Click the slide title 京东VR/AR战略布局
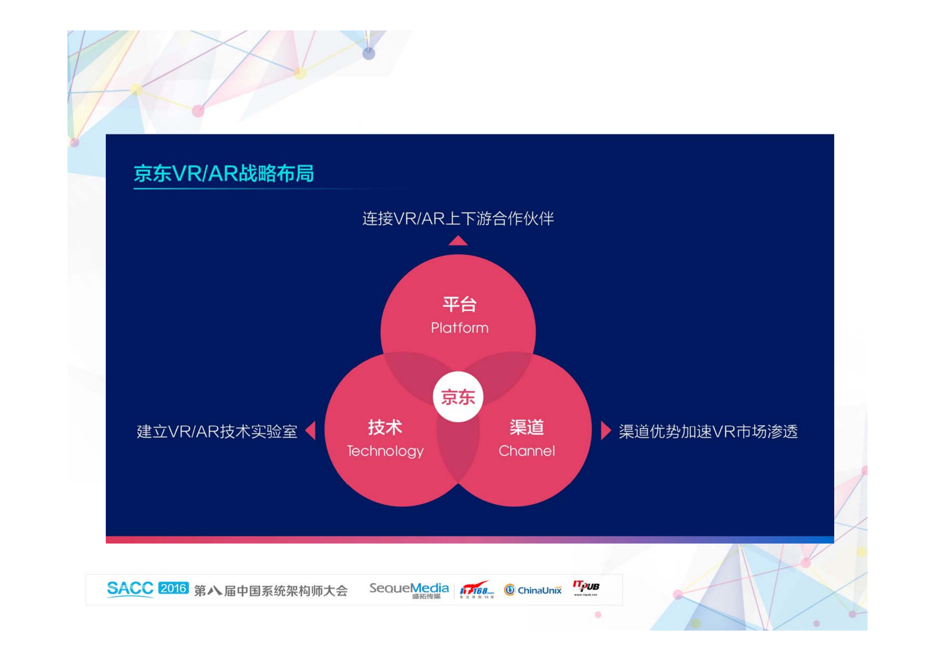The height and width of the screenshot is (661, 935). pyautogui.click(x=224, y=173)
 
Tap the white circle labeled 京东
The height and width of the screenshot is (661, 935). pyautogui.click(x=458, y=397)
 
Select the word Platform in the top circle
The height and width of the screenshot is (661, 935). pyautogui.click(x=459, y=328)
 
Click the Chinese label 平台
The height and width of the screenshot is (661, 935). pyautogui.click(x=459, y=304)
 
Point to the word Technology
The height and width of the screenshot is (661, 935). pyautogui.click(x=385, y=451)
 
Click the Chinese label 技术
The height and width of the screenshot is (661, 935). pyautogui.click(x=385, y=427)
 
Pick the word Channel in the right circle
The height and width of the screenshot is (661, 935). pyautogui.click(x=526, y=451)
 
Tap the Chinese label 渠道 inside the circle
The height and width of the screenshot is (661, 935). pyautogui.click(x=526, y=427)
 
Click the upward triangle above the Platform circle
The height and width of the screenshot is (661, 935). pyautogui.click(x=458, y=241)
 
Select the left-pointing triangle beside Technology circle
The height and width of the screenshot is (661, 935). pyautogui.click(x=311, y=430)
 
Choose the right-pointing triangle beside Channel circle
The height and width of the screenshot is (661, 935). pyautogui.click(x=605, y=430)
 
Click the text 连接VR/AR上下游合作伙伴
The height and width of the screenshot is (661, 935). pyautogui.click(x=458, y=219)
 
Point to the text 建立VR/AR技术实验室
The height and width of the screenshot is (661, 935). pyautogui.click(x=217, y=432)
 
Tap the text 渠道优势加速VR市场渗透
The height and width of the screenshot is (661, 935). pyautogui.click(x=708, y=432)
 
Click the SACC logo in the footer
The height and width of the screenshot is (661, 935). pyautogui.click(x=130, y=589)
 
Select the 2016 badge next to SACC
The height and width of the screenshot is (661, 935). pyautogui.click(x=173, y=588)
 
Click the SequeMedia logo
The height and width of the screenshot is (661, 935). pyautogui.click(x=409, y=589)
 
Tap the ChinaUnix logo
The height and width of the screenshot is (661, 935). pyautogui.click(x=533, y=590)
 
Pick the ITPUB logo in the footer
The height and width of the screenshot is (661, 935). pyautogui.click(x=586, y=587)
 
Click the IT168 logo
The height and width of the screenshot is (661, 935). pyautogui.click(x=476, y=589)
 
